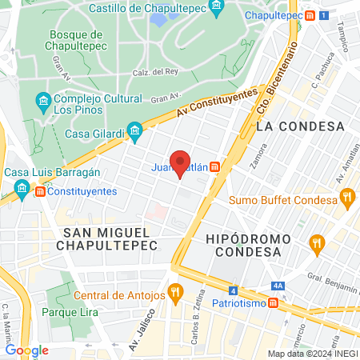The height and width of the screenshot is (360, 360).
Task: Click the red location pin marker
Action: (180, 162)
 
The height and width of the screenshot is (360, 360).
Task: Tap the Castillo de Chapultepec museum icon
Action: (216, 8)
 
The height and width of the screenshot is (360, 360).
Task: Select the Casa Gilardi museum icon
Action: (134, 130)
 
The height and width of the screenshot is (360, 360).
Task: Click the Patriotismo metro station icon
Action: (274, 304)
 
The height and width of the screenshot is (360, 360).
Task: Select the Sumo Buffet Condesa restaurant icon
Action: (346, 198)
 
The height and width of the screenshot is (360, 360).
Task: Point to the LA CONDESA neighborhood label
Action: (300, 126)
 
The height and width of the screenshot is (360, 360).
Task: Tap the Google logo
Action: (26, 350)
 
